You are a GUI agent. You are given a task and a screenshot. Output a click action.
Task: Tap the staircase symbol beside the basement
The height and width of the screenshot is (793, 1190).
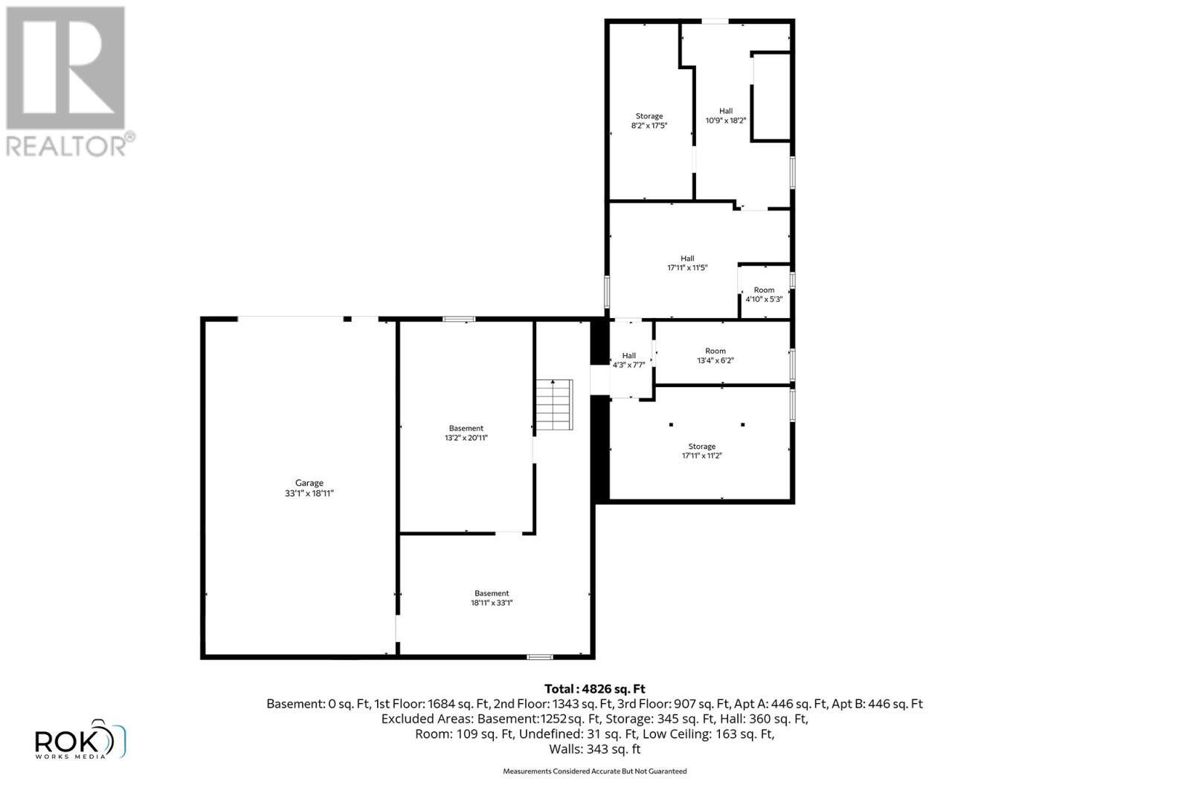click(x=555, y=404)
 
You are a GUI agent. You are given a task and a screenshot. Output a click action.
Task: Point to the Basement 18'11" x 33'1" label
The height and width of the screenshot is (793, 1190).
click(x=492, y=598)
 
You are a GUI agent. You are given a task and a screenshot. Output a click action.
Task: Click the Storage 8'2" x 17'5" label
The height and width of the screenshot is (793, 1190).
click(x=649, y=121)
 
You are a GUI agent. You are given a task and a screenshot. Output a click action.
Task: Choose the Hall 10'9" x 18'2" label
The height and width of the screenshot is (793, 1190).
click(x=725, y=115)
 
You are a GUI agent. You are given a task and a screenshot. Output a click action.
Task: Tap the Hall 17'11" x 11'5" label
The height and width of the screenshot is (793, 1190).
click(x=687, y=263)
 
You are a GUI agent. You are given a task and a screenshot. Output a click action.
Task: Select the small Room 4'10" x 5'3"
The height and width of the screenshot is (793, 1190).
click(x=764, y=294)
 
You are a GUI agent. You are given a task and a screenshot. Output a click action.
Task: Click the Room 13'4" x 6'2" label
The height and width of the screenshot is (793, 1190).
click(x=715, y=355)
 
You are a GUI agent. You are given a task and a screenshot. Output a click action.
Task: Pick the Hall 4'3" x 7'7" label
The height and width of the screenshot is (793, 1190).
click(x=629, y=360)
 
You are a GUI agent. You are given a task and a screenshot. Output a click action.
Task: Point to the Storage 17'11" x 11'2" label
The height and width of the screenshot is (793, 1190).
click(x=701, y=451)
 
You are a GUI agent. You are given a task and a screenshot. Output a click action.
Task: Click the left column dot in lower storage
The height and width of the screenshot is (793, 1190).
click(x=671, y=424)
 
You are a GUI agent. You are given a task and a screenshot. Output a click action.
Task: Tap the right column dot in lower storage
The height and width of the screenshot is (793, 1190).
click(x=742, y=424)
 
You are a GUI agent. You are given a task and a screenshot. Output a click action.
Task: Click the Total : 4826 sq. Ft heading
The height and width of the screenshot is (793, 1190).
click(x=594, y=689)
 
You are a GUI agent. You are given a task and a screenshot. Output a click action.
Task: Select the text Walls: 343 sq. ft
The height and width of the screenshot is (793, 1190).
click(x=594, y=749)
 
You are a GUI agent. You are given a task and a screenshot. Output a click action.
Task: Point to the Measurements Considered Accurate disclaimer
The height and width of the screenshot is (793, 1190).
click(x=594, y=771)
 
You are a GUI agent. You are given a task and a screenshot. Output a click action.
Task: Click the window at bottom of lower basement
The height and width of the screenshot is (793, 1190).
click(x=540, y=657)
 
